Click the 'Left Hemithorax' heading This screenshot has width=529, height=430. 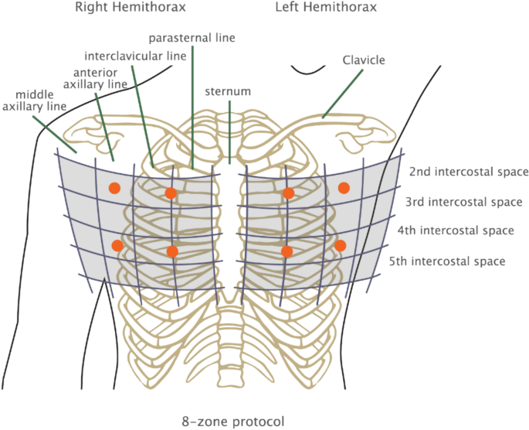[x=327, y=9]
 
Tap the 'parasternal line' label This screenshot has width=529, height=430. [x=192, y=37]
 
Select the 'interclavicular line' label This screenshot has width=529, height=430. [x=135, y=56]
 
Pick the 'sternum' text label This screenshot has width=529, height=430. [x=228, y=91]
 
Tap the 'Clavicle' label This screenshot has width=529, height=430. [x=365, y=59]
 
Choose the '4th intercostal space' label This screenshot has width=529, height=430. [x=456, y=230]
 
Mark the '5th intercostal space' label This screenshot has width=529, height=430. [x=448, y=261]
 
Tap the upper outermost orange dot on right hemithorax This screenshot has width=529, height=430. [x=114, y=187]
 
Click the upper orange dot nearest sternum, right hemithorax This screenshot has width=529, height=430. [x=171, y=193]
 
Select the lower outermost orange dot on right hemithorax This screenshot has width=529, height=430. [x=117, y=246]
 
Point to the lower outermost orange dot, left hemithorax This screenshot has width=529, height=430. [x=340, y=245]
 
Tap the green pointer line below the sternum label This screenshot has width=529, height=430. [x=229, y=128]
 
